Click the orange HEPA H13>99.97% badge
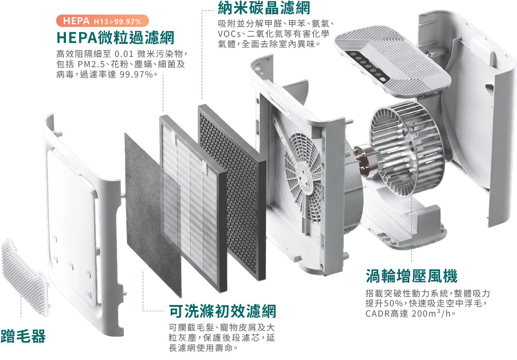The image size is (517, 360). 102,21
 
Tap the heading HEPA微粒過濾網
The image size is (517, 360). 115,38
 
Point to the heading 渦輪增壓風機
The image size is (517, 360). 411,276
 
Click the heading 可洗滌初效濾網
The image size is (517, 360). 223,311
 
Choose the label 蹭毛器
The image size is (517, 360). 23,336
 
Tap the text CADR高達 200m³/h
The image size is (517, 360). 411,314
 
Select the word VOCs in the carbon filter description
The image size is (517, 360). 229,34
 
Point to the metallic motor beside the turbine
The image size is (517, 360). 367,160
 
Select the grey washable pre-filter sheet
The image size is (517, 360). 153,215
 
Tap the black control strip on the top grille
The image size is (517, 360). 367,66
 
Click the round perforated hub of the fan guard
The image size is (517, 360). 305,174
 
